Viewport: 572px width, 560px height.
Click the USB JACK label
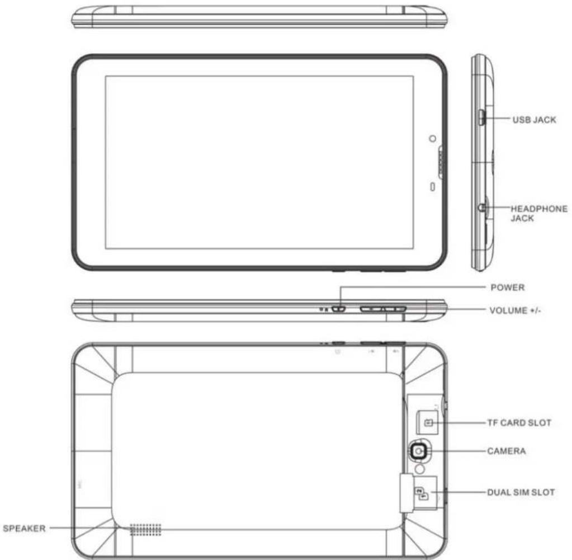pyautogui.click(x=534, y=120)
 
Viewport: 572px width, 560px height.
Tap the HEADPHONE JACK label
pyautogui.click(x=539, y=213)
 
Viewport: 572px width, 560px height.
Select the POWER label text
pyautogui.click(x=508, y=288)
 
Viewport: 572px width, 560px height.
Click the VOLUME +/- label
pyautogui.click(x=515, y=310)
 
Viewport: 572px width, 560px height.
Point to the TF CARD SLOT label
pyautogui.click(x=519, y=423)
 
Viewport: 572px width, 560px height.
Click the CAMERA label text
pyautogui.click(x=507, y=451)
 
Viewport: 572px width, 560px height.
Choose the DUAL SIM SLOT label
pyautogui.click(x=521, y=492)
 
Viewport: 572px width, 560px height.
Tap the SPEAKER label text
pyautogui.click(x=24, y=528)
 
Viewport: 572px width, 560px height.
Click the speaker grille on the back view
pyautogui.click(x=145, y=530)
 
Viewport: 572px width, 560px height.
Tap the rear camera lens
pyautogui.click(x=418, y=451)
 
